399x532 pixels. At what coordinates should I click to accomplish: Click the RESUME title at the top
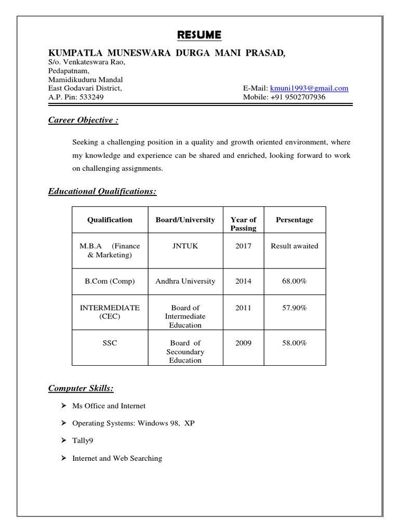199,35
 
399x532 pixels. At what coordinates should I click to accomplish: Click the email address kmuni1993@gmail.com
309,88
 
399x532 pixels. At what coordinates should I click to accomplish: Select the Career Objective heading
83,120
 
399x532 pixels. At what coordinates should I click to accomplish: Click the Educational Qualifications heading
102,192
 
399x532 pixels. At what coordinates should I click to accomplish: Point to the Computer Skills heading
81,388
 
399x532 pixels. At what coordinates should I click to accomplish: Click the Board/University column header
185,220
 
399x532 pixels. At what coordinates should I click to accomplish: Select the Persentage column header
295,220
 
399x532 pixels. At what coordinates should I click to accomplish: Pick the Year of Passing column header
243,224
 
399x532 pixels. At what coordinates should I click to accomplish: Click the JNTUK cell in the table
185,246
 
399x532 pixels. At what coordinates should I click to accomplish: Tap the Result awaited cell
295,246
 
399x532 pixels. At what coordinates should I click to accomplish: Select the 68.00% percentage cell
295,281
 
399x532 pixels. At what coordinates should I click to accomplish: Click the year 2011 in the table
243,308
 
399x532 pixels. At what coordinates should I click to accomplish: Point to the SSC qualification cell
110,343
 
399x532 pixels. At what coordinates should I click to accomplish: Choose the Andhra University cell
185,281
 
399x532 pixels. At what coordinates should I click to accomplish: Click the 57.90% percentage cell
295,308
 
